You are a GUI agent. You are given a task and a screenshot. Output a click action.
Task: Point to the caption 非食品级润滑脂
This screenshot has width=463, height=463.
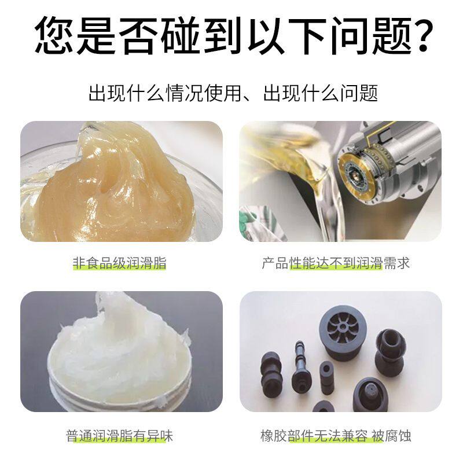point(120,263)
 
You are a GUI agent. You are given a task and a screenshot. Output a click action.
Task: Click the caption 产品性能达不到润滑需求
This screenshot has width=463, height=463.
point(336,263)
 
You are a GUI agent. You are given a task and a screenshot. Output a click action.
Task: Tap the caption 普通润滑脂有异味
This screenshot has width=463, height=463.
point(120,435)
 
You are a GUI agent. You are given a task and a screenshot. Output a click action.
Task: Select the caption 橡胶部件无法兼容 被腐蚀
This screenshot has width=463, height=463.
point(336,435)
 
